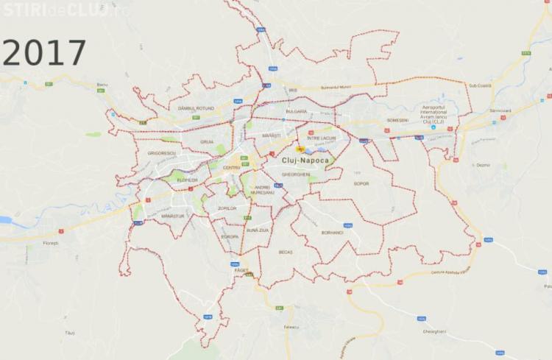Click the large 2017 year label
coord(44,53)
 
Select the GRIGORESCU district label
coord(161,153)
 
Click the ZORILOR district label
coord(227,208)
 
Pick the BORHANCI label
coord(333,233)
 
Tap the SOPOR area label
coord(361,183)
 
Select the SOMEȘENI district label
coord(397,121)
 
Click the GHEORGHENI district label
coord(295,174)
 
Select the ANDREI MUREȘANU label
coord(262,190)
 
